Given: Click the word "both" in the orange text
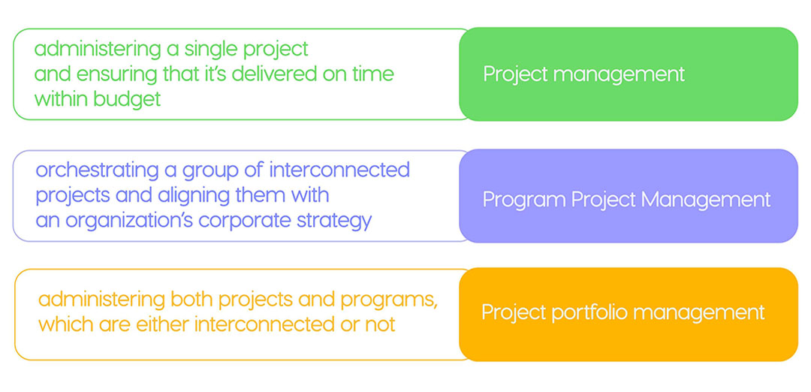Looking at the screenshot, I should (x=192, y=300).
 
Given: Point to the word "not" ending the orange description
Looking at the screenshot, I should (x=380, y=324).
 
